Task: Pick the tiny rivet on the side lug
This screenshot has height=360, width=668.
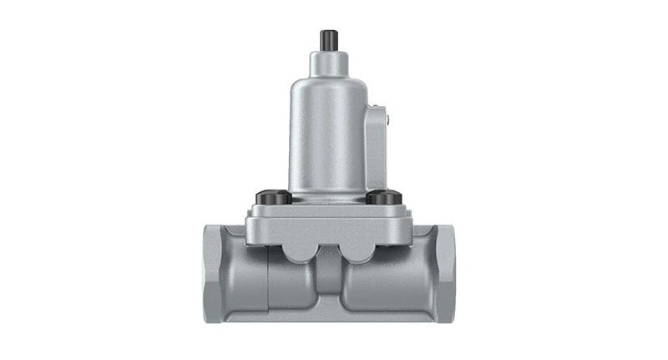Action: tap(385, 119)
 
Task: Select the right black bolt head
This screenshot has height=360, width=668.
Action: tap(383, 198)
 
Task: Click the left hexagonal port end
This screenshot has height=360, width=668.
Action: tap(215, 271)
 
